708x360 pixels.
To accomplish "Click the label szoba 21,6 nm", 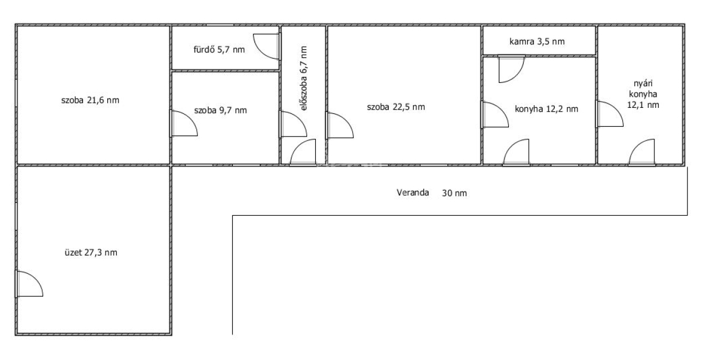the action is pos(90,101).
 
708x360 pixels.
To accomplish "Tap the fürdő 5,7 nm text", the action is pos(219,50).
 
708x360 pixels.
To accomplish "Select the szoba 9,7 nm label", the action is pos(220,110).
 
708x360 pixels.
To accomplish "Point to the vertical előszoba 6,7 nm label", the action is pos(304,79).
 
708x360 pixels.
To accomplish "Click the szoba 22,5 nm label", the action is pos(395,107).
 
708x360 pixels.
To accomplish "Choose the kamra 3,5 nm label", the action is pos(537,41).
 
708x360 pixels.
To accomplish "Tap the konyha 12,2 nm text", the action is pos(546,109).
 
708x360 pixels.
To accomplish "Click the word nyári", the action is pos(643,84).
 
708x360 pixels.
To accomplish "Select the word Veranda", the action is pos(413,192).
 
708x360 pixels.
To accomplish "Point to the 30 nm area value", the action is pos(454,193).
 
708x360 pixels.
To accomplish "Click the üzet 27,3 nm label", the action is pos(91,253).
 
